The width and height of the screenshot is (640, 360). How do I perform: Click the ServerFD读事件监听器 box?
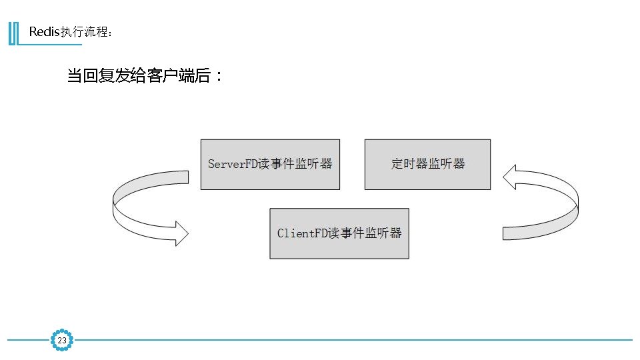point(270,165)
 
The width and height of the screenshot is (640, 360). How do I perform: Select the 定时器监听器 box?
point(427,165)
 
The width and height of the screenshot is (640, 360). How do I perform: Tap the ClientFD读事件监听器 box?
point(339,233)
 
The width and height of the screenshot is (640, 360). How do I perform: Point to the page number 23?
point(62,341)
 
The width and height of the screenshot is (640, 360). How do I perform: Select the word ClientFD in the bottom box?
point(301,233)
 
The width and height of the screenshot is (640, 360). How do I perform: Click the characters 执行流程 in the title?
point(83,32)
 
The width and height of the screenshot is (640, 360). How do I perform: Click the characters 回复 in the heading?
point(97,75)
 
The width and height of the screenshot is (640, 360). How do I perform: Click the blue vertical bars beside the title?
point(13,33)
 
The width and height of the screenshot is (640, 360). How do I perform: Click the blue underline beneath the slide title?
point(50,45)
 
